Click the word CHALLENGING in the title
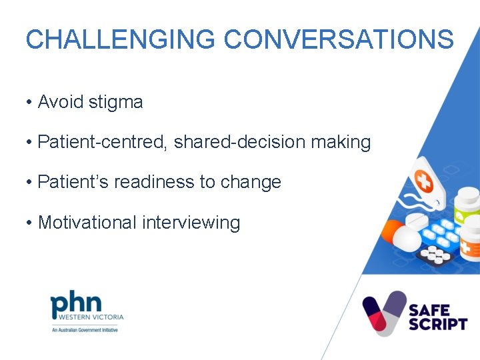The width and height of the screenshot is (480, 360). pyautogui.click(x=120, y=39)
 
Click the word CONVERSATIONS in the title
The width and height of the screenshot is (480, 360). pyautogui.click(x=339, y=39)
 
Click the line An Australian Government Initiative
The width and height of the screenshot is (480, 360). pyautogui.click(x=85, y=330)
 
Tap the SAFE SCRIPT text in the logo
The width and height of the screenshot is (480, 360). pyautogui.click(x=438, y=317)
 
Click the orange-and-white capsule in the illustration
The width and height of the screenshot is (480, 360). pyautogui.click(x=401, y=236)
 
